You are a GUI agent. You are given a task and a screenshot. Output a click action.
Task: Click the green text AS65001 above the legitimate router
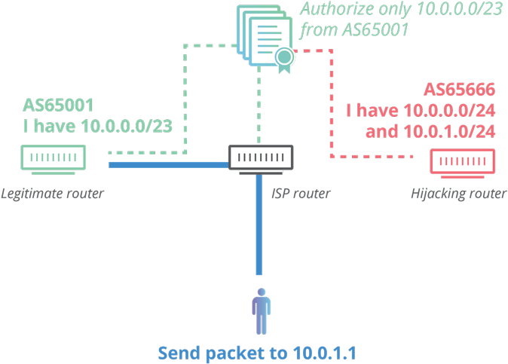[x=59, y=104]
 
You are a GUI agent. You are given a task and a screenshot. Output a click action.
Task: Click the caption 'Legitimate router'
[x=52, y=194]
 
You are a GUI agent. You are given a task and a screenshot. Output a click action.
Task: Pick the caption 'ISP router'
[x=301, y=194]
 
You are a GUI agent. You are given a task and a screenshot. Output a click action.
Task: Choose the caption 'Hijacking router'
[x=458, y=194]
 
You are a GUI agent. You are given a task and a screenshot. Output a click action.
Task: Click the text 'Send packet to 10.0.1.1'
[x=258, y=352]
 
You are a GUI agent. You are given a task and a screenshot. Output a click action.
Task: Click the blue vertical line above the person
[x=259, y=226]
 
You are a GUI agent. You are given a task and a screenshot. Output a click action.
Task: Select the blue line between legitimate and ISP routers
[x=169, y=164]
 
